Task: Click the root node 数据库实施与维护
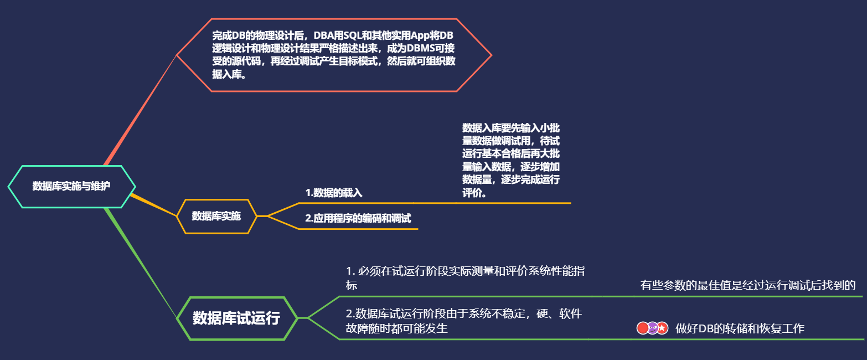click(x=71, y=186)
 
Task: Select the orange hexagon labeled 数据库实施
click(x=216, y=216)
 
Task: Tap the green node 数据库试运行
click(x=236, y=318)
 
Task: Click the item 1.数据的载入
click(x=334, y=193)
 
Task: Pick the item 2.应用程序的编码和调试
click(x=358, y=218)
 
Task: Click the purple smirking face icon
click(x=653, y=328)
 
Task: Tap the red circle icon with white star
click(x=662, y=328)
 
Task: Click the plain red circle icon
click(x=643, y=328)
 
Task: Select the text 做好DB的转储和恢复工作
click(x=740, y=329)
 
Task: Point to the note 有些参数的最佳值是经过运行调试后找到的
click(x=748, y=286)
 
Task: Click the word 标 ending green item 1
click(x=352, y=286)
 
